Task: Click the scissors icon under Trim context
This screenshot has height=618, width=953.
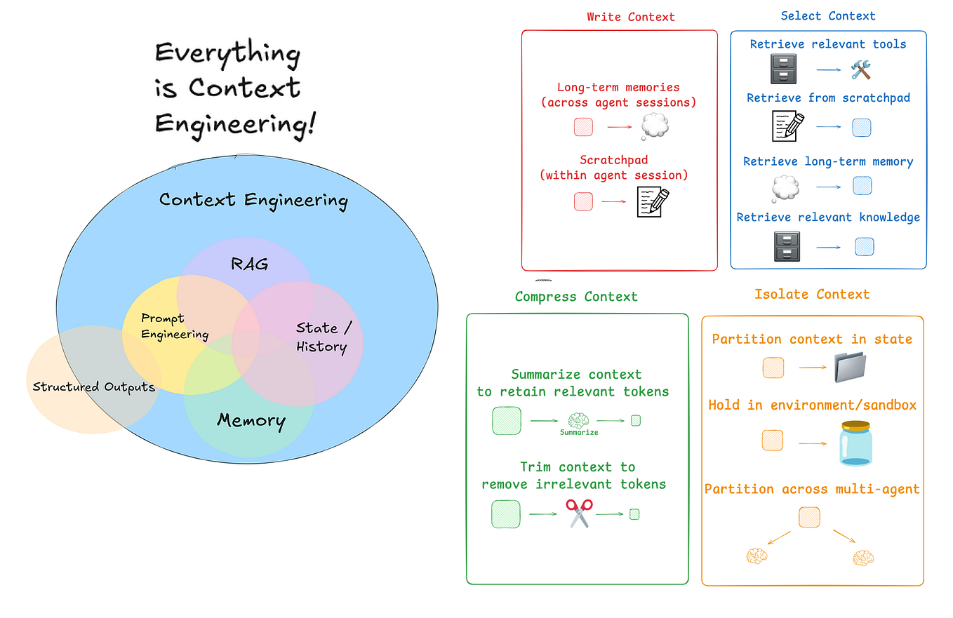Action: click(x=579, y=513)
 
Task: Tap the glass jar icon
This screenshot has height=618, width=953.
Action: click(x=855, y=443)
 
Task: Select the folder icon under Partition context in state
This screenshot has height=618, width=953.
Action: click(x=851, y=368)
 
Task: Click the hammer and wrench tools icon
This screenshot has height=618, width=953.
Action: click(x=860, y=69)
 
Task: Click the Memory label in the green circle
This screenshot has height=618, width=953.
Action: click(x=251, y=421)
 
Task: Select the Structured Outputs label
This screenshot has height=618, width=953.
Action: click(x=93, y=387)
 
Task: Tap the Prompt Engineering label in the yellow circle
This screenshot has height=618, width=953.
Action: click(x=174, y=326)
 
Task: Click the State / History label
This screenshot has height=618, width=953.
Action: click(x=321, y=337)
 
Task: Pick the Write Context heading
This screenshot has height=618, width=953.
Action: click(x=631, y=16)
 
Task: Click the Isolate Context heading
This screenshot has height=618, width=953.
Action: click(x=812, y=294)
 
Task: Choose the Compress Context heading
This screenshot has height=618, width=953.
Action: click(x=576, y=296)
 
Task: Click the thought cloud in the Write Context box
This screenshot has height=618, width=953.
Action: click(x=655, y=127)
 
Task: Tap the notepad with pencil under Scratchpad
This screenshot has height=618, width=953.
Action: click(x=653, y=201)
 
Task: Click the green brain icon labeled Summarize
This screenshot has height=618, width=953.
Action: click(x=578, y=420)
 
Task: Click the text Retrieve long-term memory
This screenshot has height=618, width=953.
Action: click(x=828, y=161)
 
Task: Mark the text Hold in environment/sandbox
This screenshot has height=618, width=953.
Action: click(x=812, y=405)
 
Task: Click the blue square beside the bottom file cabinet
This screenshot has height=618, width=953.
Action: click(x=864, y=246)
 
